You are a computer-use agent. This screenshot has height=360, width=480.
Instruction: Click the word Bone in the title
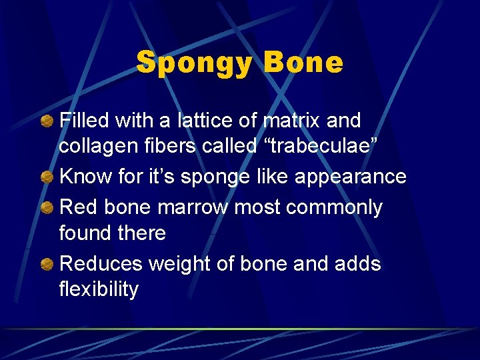pos(303,63)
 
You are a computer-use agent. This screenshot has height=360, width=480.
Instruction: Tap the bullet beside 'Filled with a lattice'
pos(47,121)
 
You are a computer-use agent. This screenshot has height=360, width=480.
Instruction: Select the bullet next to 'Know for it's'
pos(47,177)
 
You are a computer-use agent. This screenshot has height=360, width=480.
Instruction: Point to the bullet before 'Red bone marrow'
pos(47,208)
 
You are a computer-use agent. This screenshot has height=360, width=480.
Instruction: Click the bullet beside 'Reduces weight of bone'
pos(47,265)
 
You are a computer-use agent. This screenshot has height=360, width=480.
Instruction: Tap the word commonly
pos(334,208)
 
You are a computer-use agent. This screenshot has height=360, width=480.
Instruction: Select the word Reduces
pos(101,264)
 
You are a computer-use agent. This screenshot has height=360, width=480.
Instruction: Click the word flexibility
pos(99,290)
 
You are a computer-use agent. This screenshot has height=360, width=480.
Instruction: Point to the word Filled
pos(84,121)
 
